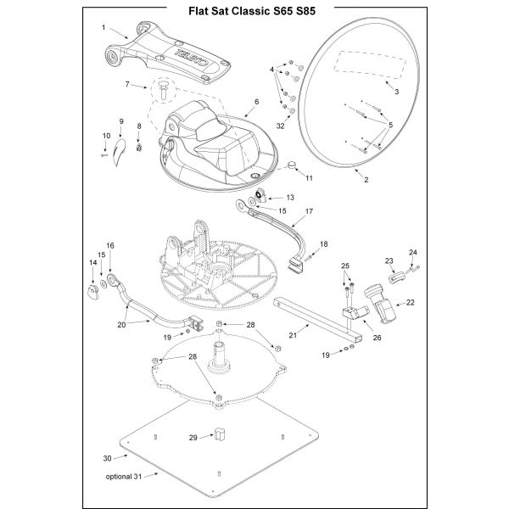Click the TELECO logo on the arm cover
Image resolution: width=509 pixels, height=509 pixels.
[192, 59]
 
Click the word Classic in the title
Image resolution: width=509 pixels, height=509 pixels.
[252, 11]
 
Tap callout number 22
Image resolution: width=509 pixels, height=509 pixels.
[411, 302]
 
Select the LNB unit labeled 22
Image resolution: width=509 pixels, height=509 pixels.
[380, 303]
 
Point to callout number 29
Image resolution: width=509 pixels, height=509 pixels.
[193, 438]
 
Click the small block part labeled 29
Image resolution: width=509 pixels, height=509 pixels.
[219, 434]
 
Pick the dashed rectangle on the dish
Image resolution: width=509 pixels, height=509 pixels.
[370, 65]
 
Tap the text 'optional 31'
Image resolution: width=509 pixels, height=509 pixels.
[124, 477]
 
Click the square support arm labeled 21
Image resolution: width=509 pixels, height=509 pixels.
[318, 320]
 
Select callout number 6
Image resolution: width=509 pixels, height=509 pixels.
[257, 102]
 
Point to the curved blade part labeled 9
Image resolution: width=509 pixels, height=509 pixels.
[119, 152]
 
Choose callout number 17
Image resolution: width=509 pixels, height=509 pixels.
[309, 211]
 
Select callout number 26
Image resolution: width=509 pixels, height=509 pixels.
[377, 338]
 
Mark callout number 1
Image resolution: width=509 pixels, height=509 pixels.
[103, 27]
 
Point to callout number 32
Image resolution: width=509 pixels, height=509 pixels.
[281, 126]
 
